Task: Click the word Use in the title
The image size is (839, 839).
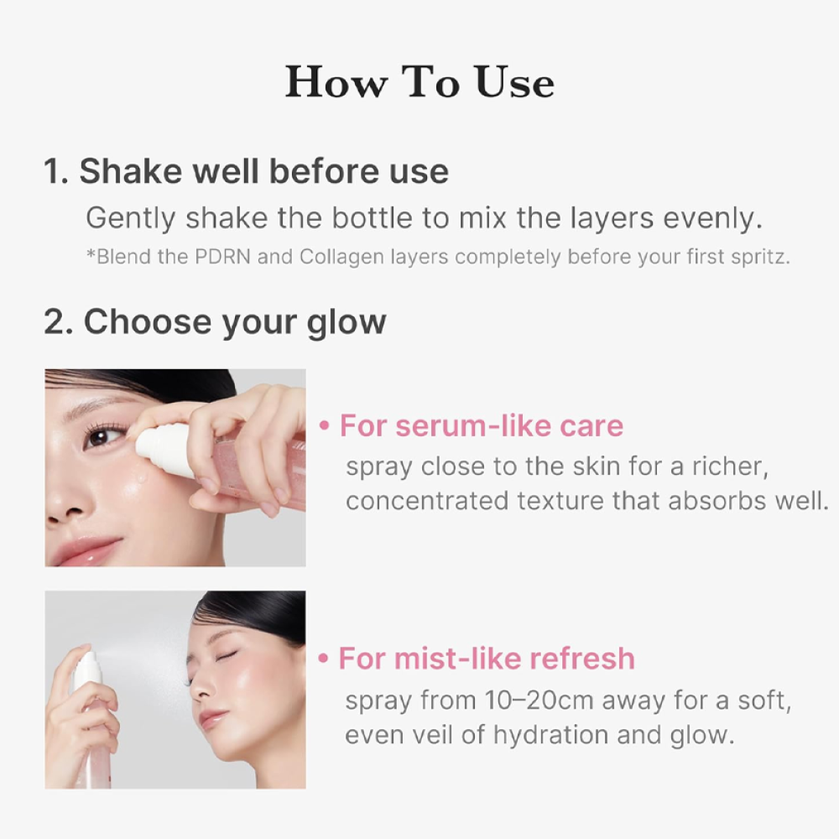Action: coord(514,82)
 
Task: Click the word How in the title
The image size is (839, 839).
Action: coord(336,82)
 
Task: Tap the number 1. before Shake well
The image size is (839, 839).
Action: coord(56,171)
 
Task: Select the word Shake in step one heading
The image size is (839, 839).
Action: coord(131,171)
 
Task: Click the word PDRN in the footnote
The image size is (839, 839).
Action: coord(222,257)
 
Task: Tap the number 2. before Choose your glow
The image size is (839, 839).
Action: coord(59,322)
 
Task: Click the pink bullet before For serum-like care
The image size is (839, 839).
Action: coord(324,426)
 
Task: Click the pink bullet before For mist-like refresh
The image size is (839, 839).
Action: coord(323,659)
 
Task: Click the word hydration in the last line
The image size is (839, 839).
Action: coord(550,736)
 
